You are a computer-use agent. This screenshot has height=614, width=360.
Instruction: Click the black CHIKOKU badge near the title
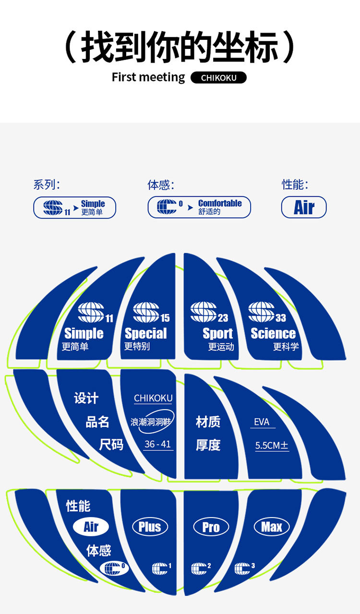[218, 78]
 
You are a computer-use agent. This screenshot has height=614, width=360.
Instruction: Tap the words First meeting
[148, 77]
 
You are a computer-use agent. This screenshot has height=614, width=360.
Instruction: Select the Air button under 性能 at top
[303, 208]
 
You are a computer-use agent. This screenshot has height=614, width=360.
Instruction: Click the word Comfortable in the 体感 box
[220, 203]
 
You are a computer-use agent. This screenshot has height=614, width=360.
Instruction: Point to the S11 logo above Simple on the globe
[94, 312]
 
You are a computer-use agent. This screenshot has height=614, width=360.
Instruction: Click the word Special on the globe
[145, 333]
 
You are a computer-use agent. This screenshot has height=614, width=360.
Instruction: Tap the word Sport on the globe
[217, 333]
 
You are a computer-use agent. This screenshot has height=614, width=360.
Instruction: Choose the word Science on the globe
[273, 333]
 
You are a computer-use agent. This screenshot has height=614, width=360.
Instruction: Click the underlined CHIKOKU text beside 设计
[153, 399]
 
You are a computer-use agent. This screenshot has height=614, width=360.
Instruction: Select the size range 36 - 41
[157, 444]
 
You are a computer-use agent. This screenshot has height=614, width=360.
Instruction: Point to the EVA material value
[262, 422]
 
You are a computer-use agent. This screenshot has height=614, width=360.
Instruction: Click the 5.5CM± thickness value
[272, 445]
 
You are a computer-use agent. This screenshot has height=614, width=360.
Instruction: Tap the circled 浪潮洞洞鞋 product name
[152, 422]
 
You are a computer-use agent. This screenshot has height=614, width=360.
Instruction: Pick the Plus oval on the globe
[150, 527]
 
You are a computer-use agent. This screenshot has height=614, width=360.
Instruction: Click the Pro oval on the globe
[211, 527]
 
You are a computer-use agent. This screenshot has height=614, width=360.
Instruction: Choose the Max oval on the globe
[272, 527]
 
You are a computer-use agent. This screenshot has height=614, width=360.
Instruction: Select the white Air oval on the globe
[91, 527]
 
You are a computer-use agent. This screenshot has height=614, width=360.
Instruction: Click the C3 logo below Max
[244, 568]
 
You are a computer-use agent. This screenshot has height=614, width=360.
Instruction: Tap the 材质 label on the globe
[208, 422]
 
